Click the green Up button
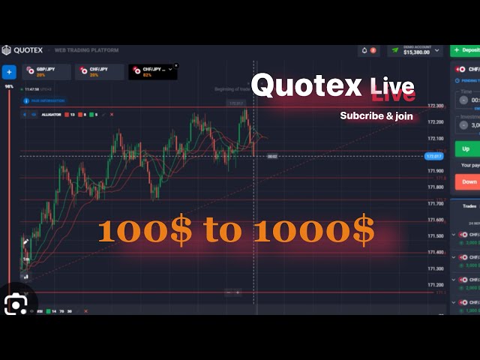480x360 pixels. click(466, 149)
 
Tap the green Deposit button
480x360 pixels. click(466, 50)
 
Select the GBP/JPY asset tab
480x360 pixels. click(46, 71)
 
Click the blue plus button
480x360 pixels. click(9, 72)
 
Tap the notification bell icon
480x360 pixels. click(365, 50)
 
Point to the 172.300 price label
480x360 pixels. click(435, 106)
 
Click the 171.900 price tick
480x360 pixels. click(435, 172)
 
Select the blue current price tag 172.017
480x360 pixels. click(433, 156)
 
